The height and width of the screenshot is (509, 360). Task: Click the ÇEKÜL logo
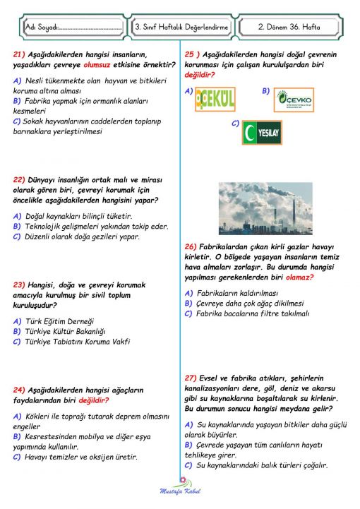215,98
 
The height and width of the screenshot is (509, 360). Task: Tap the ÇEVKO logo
294,100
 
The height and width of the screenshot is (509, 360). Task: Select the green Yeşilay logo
262,132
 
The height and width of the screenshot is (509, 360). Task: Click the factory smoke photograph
265,208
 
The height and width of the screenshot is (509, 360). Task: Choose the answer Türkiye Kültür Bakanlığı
65,331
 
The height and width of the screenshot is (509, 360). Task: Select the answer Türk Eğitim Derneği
59,321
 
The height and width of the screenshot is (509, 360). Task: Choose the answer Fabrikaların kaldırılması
237,292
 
